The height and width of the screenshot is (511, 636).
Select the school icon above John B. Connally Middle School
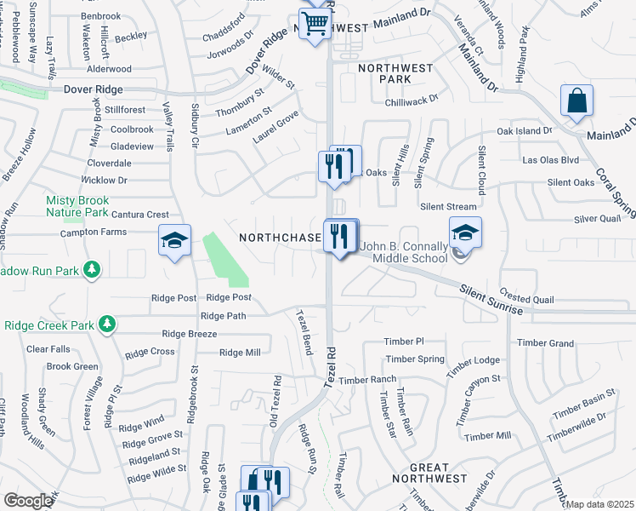pos(465,232)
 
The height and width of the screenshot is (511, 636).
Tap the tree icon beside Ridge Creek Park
pos(105,324)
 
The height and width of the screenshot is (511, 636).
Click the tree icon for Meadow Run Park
pos(91,270)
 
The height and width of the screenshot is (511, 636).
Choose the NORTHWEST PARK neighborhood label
pos(395,72)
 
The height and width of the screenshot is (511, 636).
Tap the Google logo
pos(28,501)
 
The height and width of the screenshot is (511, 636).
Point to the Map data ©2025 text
pos(599,504)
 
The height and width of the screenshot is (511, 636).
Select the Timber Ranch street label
pos(367,379)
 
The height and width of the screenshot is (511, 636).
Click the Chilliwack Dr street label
pos(409,99)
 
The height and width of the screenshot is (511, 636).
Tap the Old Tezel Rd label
pos(275,399)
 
